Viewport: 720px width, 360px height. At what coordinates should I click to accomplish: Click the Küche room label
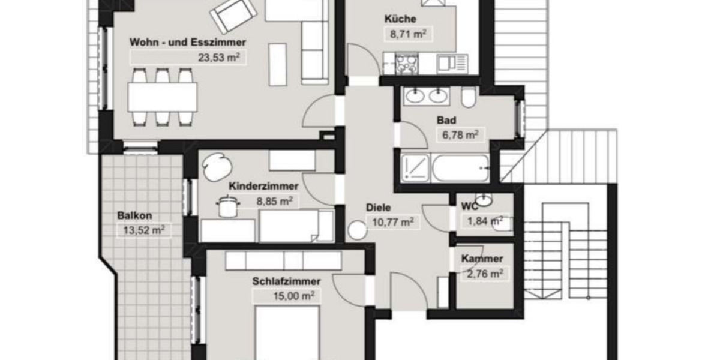[x=400, y=19]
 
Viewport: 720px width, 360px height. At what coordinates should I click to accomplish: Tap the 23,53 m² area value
[x=220, y=58]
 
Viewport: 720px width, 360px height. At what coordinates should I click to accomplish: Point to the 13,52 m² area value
[x=142, y=229]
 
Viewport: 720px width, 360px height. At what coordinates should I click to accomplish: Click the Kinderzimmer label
[x=256, y=187]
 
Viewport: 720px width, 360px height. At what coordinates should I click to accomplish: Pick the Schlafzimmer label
[x=286, y=281]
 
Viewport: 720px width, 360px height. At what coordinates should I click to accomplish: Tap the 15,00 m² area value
[x=284, y=296]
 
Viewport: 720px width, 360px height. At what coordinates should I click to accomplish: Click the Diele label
[x=379, y=208]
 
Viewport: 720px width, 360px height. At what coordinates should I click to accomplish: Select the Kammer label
[x=482, y=259]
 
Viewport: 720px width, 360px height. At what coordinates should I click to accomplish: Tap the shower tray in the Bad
[x=413, y=167]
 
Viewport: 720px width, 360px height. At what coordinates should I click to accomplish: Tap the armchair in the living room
[x=233, y=16]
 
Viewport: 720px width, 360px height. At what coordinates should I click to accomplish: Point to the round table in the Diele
[x=358, y=230]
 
